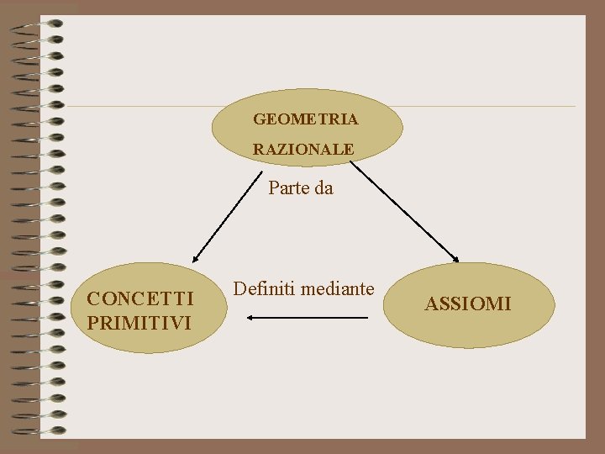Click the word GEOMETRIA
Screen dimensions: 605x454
click(306, 119)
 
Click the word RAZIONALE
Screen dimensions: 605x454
click(303, 149)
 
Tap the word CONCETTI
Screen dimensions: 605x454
click(140, 298)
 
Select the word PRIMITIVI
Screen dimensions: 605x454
click(139, 322)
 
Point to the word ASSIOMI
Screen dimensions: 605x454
click(467, 304)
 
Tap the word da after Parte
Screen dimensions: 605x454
click(324, 188)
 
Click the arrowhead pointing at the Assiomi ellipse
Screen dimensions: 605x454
click(455, 258)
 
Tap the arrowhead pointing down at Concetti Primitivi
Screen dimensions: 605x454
click(196, 258)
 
